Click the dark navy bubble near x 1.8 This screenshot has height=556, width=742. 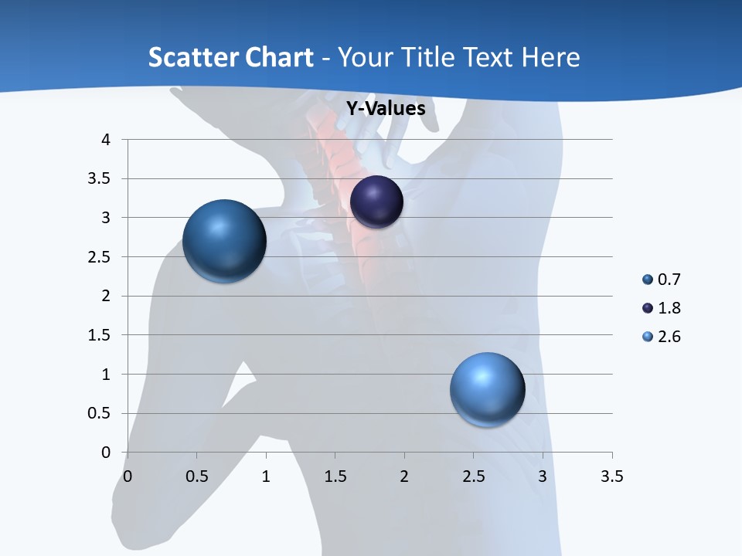[376, 202]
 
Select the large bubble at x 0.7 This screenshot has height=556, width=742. [224, 241]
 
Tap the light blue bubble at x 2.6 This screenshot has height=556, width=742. [487, 389]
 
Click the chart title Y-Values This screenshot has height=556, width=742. [385, 109]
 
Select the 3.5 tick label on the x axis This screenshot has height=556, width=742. [611, 476]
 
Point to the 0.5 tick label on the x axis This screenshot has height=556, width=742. [197, 476]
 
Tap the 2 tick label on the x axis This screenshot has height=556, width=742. [404, 476]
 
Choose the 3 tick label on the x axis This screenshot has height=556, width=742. [543, 476]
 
